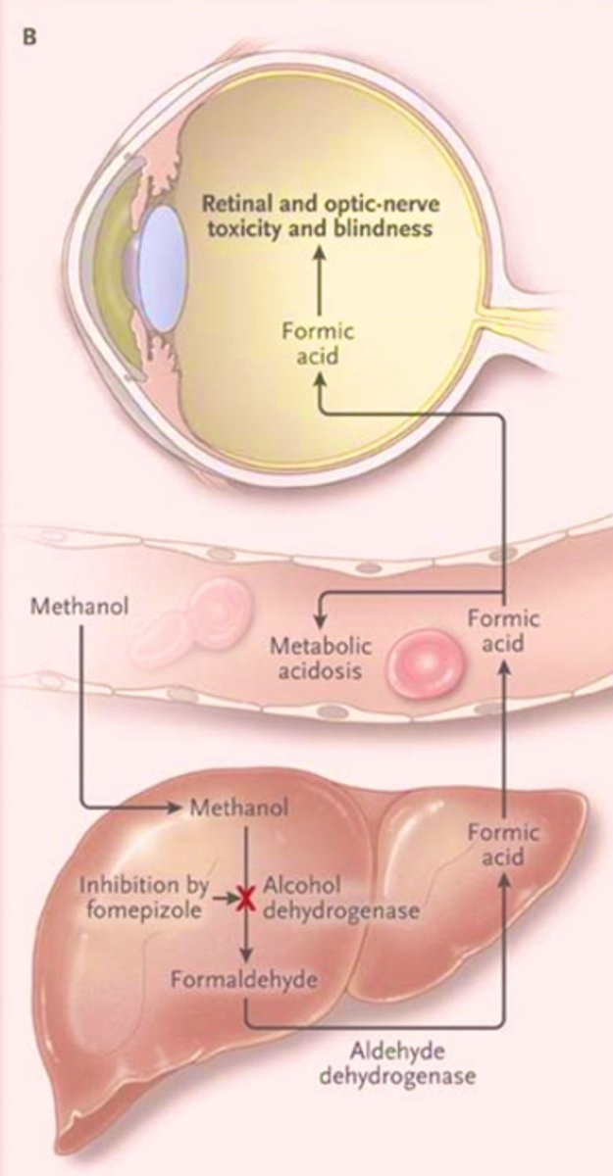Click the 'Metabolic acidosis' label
click(x=317, y=660)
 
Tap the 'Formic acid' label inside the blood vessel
click(x=503, y=632)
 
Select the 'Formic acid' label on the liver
click(x=503, y=845)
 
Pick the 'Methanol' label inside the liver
click(x=238, y=809)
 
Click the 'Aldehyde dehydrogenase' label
click(x=427, y=1063)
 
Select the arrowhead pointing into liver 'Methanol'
click(x=178, y=809)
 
